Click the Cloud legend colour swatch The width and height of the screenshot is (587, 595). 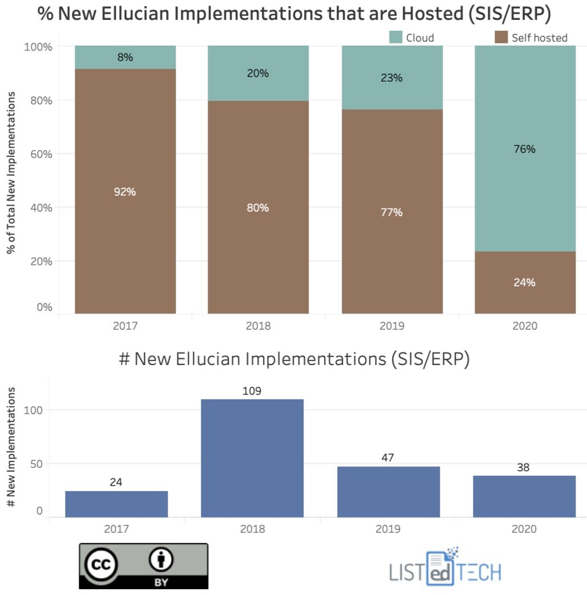pyautogui.click(x=396, y=38)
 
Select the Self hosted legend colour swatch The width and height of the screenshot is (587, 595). pyautogui.click(x=501, y=38)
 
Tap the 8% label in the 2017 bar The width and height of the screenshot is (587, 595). pyautogui.click(x=125, y=57)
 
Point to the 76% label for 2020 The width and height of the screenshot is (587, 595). pyautogui.click(x=524, y=149)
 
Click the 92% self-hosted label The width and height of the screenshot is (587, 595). pyautogui.click(x=125, y=192)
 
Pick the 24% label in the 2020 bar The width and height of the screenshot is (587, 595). pyautogui.click(x=524, y=282)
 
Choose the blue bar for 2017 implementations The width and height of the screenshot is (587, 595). pyautogui.click(x=116, y=504)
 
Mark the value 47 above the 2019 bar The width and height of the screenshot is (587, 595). pyautogui.click(x=388, y=458)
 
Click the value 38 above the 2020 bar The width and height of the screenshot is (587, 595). pyautogui.click(x=523, y=467)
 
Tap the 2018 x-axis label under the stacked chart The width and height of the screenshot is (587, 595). pyautogui.click(x=258, y=326)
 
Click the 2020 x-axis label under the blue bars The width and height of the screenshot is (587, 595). pyautogui.click(x=524, y=529)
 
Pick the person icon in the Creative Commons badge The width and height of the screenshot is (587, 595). pyautogui.click(x=161, y=561)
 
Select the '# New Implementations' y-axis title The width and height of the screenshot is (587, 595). pyautogui.click(x=11, y=448)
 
